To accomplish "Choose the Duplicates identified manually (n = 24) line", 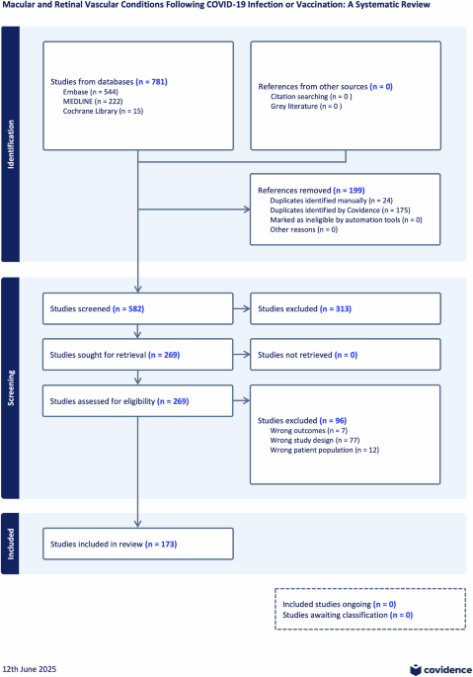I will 331,199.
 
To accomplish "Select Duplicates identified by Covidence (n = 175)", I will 339,209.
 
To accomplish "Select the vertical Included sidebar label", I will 12,545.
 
